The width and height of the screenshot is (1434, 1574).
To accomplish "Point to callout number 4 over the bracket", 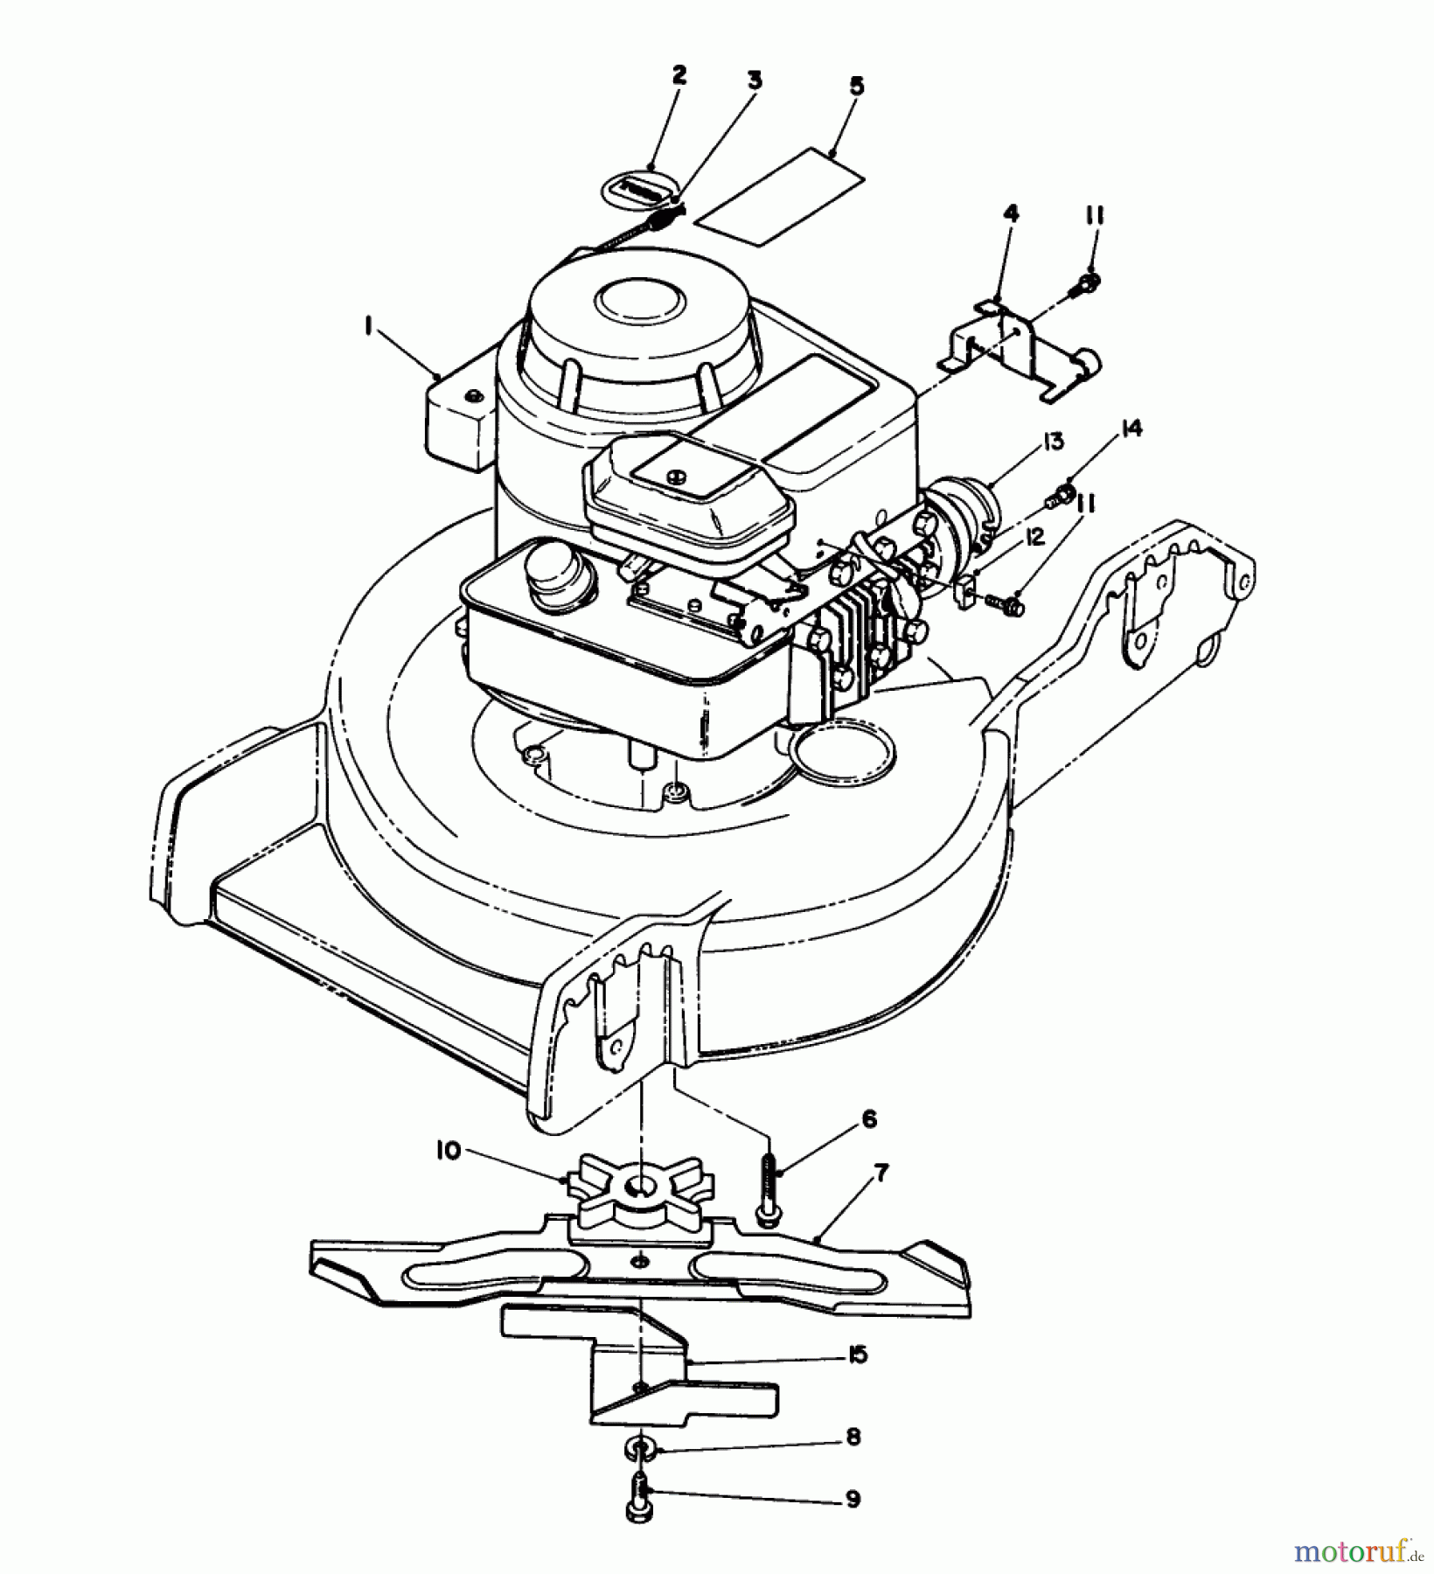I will click(1011, 213).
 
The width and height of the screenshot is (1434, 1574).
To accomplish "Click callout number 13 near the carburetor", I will click(1053, 442).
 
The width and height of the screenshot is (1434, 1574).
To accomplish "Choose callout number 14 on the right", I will click(1132, 428).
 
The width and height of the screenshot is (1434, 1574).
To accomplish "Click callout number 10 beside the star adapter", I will click(449, 1152).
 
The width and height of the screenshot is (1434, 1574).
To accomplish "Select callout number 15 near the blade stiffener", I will click(857, 1355).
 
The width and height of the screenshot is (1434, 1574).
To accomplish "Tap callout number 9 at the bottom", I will click(853, 1500).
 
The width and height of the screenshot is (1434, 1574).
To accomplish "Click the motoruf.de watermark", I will click(1355, 1552).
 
